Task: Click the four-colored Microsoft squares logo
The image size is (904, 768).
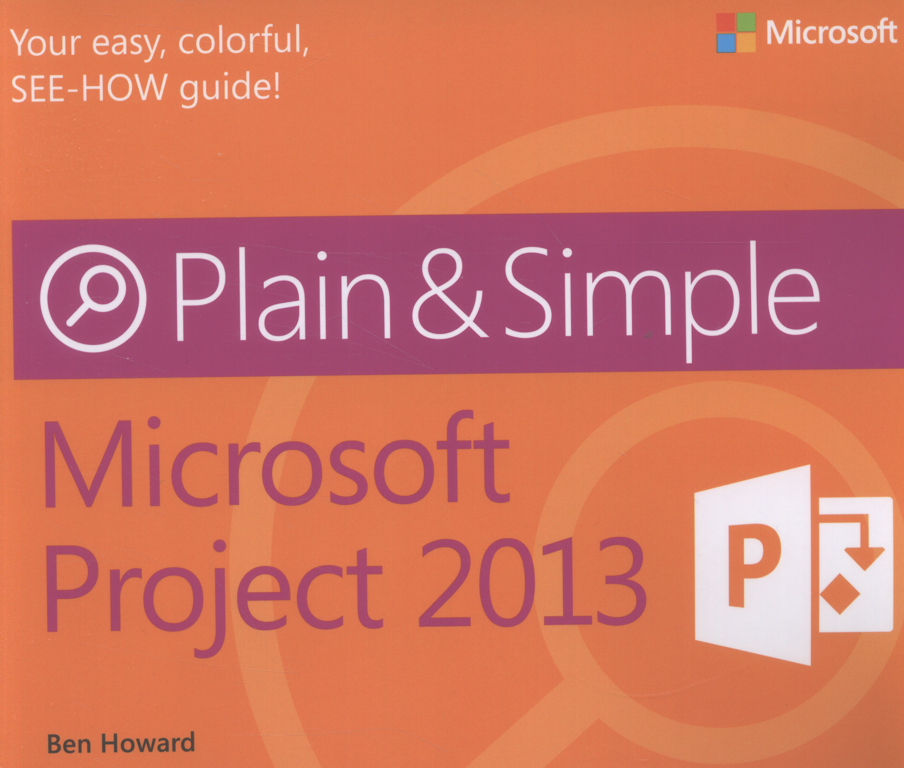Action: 736,33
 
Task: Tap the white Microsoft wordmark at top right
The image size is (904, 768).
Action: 831,33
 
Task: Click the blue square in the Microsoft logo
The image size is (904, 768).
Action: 726,43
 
